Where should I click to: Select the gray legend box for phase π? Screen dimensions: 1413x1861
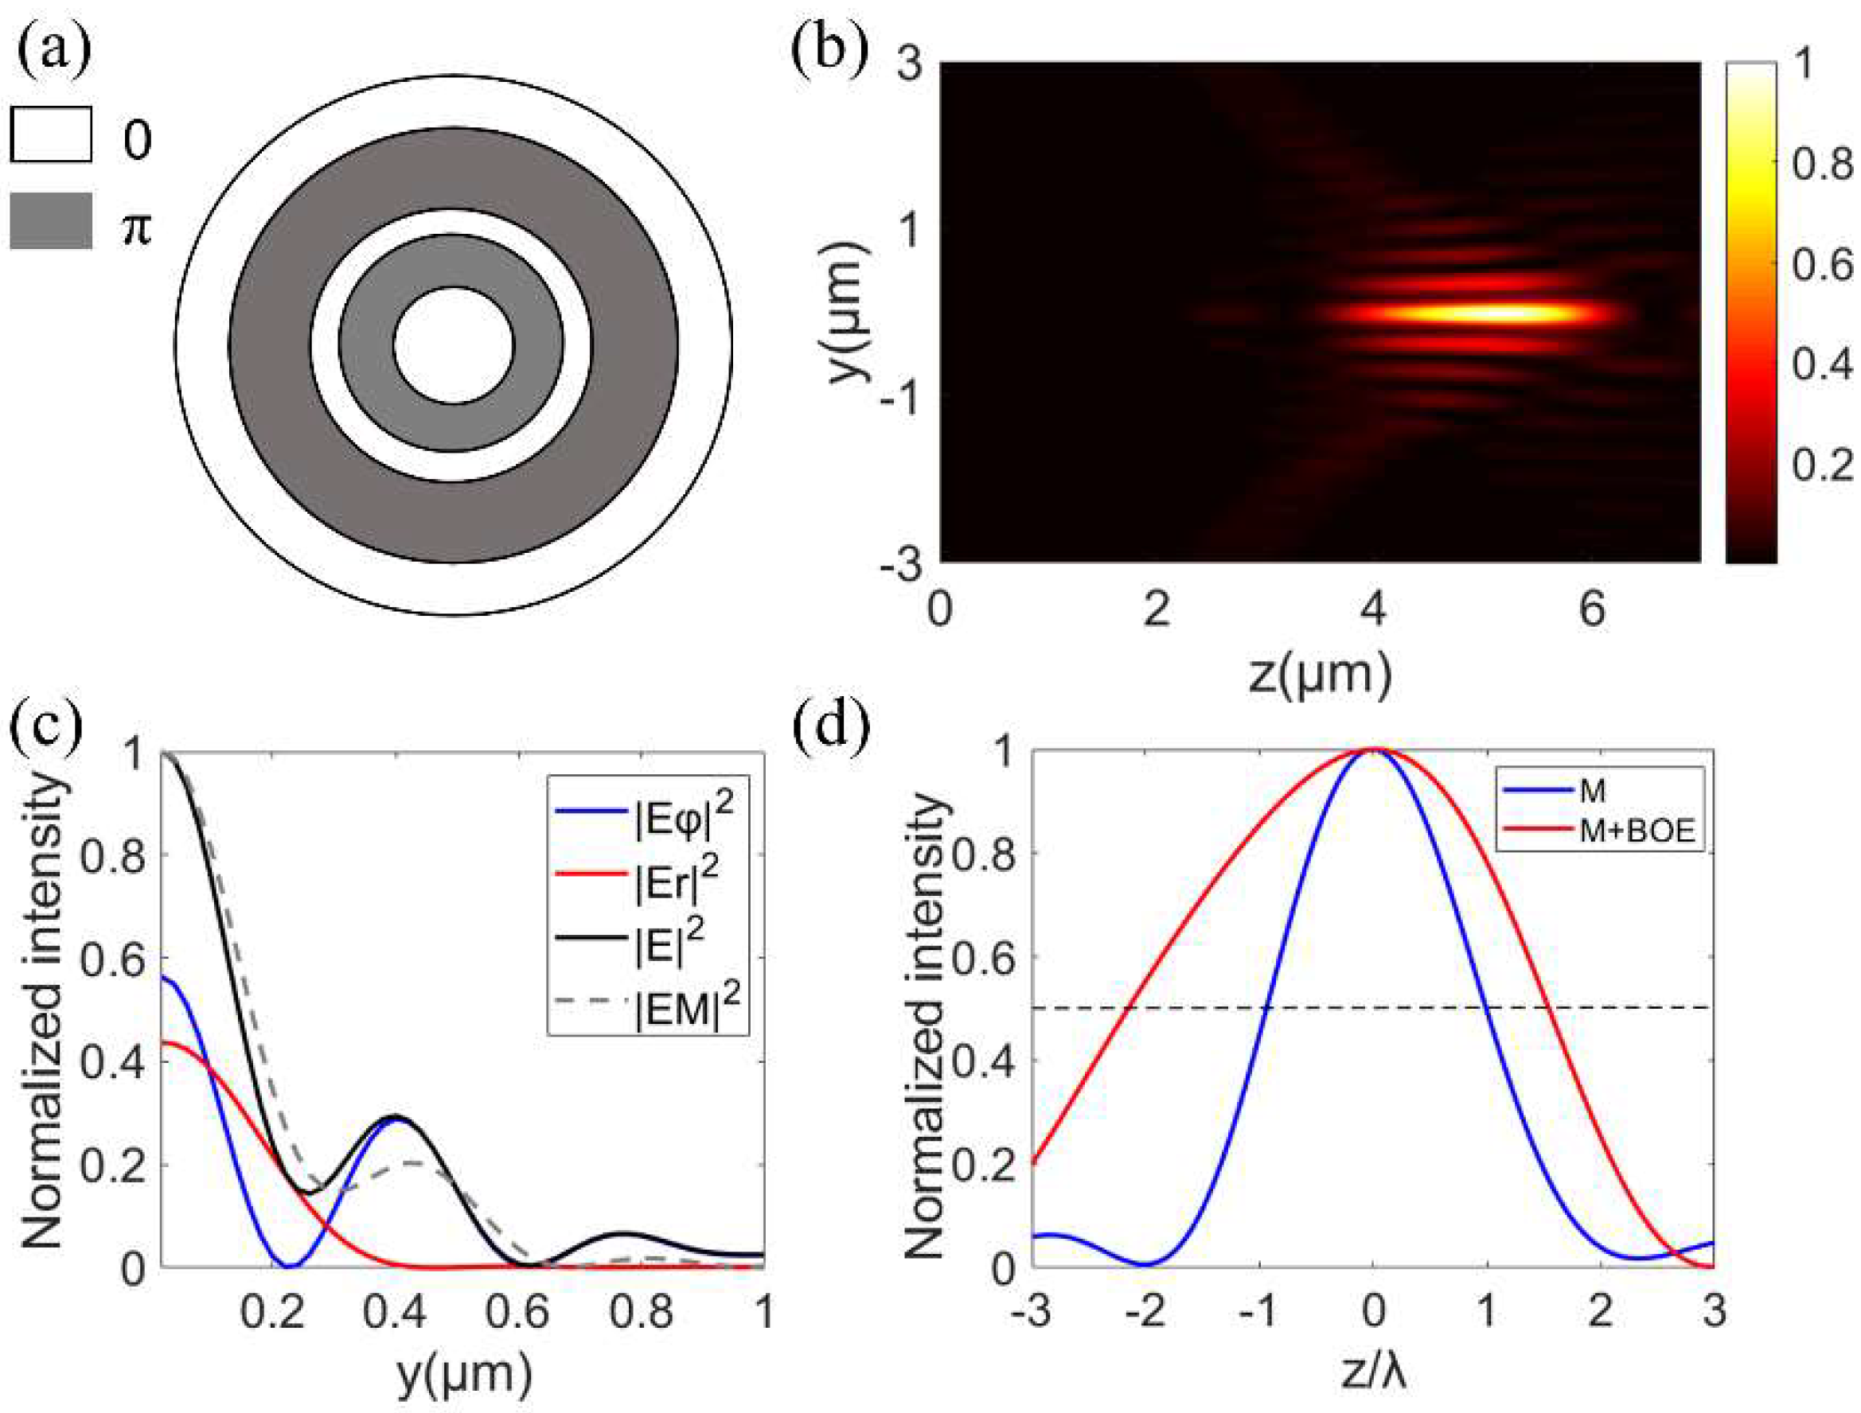[x=50, y=221]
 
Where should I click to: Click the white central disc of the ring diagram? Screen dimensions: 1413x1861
[x=454, y=345]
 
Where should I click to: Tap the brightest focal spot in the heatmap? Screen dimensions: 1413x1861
[x=1481, y=313]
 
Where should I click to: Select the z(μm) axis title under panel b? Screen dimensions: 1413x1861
[x=1319, y=675]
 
